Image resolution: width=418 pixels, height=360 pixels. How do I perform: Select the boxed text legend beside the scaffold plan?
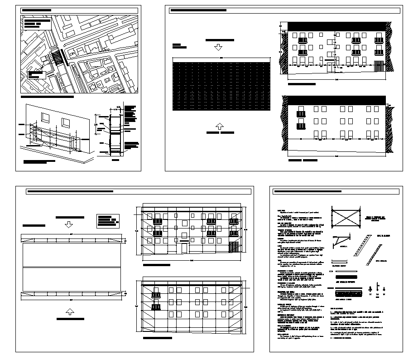pyautogui.click(x=107, y=220)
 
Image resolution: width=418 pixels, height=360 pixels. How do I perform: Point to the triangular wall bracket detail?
pyautogui.click(x=341, y=242)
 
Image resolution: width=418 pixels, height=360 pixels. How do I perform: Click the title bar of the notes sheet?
pyautogui.click(x=340, y=192)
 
